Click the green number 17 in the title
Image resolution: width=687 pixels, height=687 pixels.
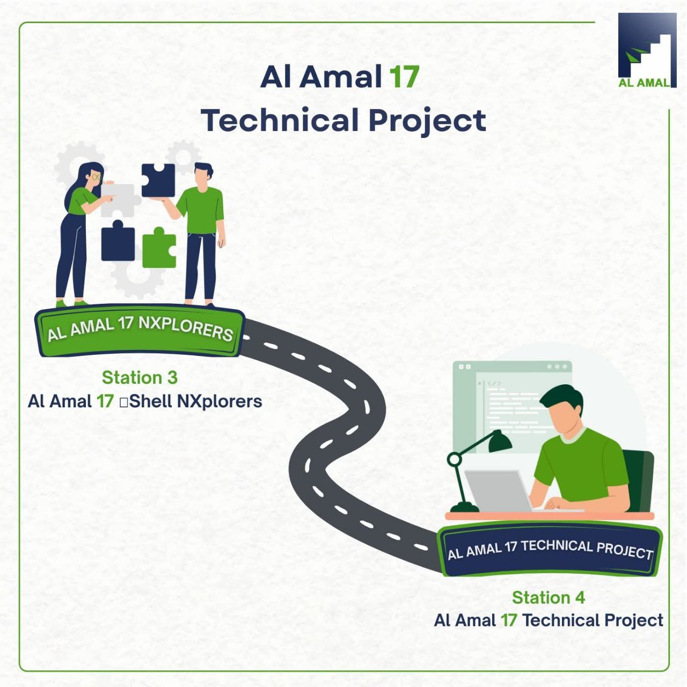pos(404,77)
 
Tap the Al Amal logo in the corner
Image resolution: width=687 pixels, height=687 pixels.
pos(647,50)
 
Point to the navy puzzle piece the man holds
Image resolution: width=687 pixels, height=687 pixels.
pos(158,180)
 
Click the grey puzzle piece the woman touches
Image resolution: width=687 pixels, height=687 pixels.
pos(120,200)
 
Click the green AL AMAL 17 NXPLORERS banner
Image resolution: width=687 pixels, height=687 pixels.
pos(140,331)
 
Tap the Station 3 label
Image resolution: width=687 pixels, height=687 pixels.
pos(140,377)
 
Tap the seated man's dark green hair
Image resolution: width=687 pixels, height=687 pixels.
pos(562,399)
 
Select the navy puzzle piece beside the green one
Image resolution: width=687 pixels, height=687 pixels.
pos(118,241)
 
